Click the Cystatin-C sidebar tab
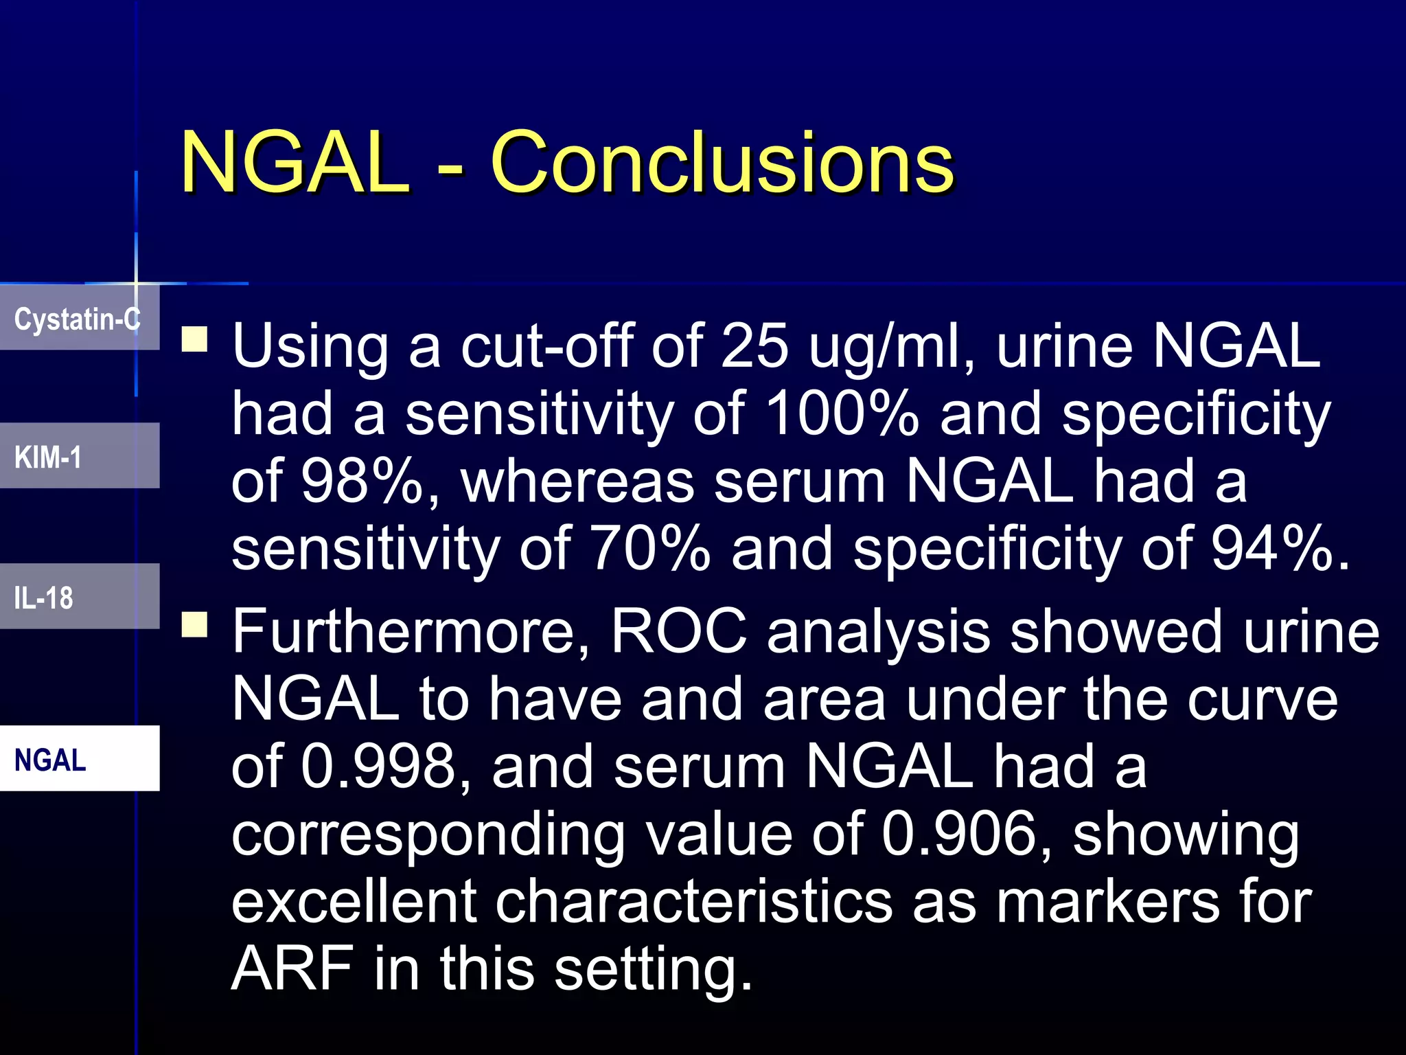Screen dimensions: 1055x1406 78,319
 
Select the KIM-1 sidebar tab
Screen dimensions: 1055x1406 78,457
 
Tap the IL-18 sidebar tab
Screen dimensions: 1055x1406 78,597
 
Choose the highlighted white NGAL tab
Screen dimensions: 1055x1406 78,759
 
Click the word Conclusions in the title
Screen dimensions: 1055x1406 722,163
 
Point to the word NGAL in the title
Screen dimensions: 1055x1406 295,163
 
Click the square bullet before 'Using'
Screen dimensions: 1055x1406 195,339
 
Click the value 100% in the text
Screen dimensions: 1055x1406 842,414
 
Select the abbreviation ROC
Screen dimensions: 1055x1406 678,632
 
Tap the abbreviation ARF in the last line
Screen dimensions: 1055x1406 292,969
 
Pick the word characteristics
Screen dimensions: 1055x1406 693,902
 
